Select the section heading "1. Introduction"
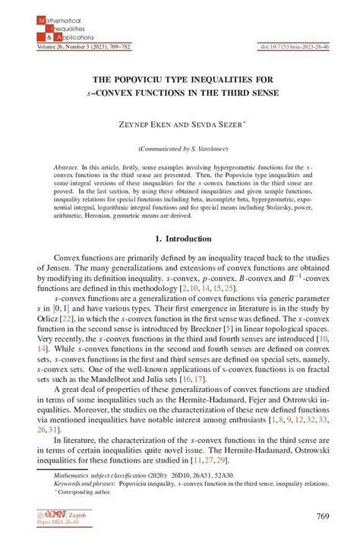tap(180, 237)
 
